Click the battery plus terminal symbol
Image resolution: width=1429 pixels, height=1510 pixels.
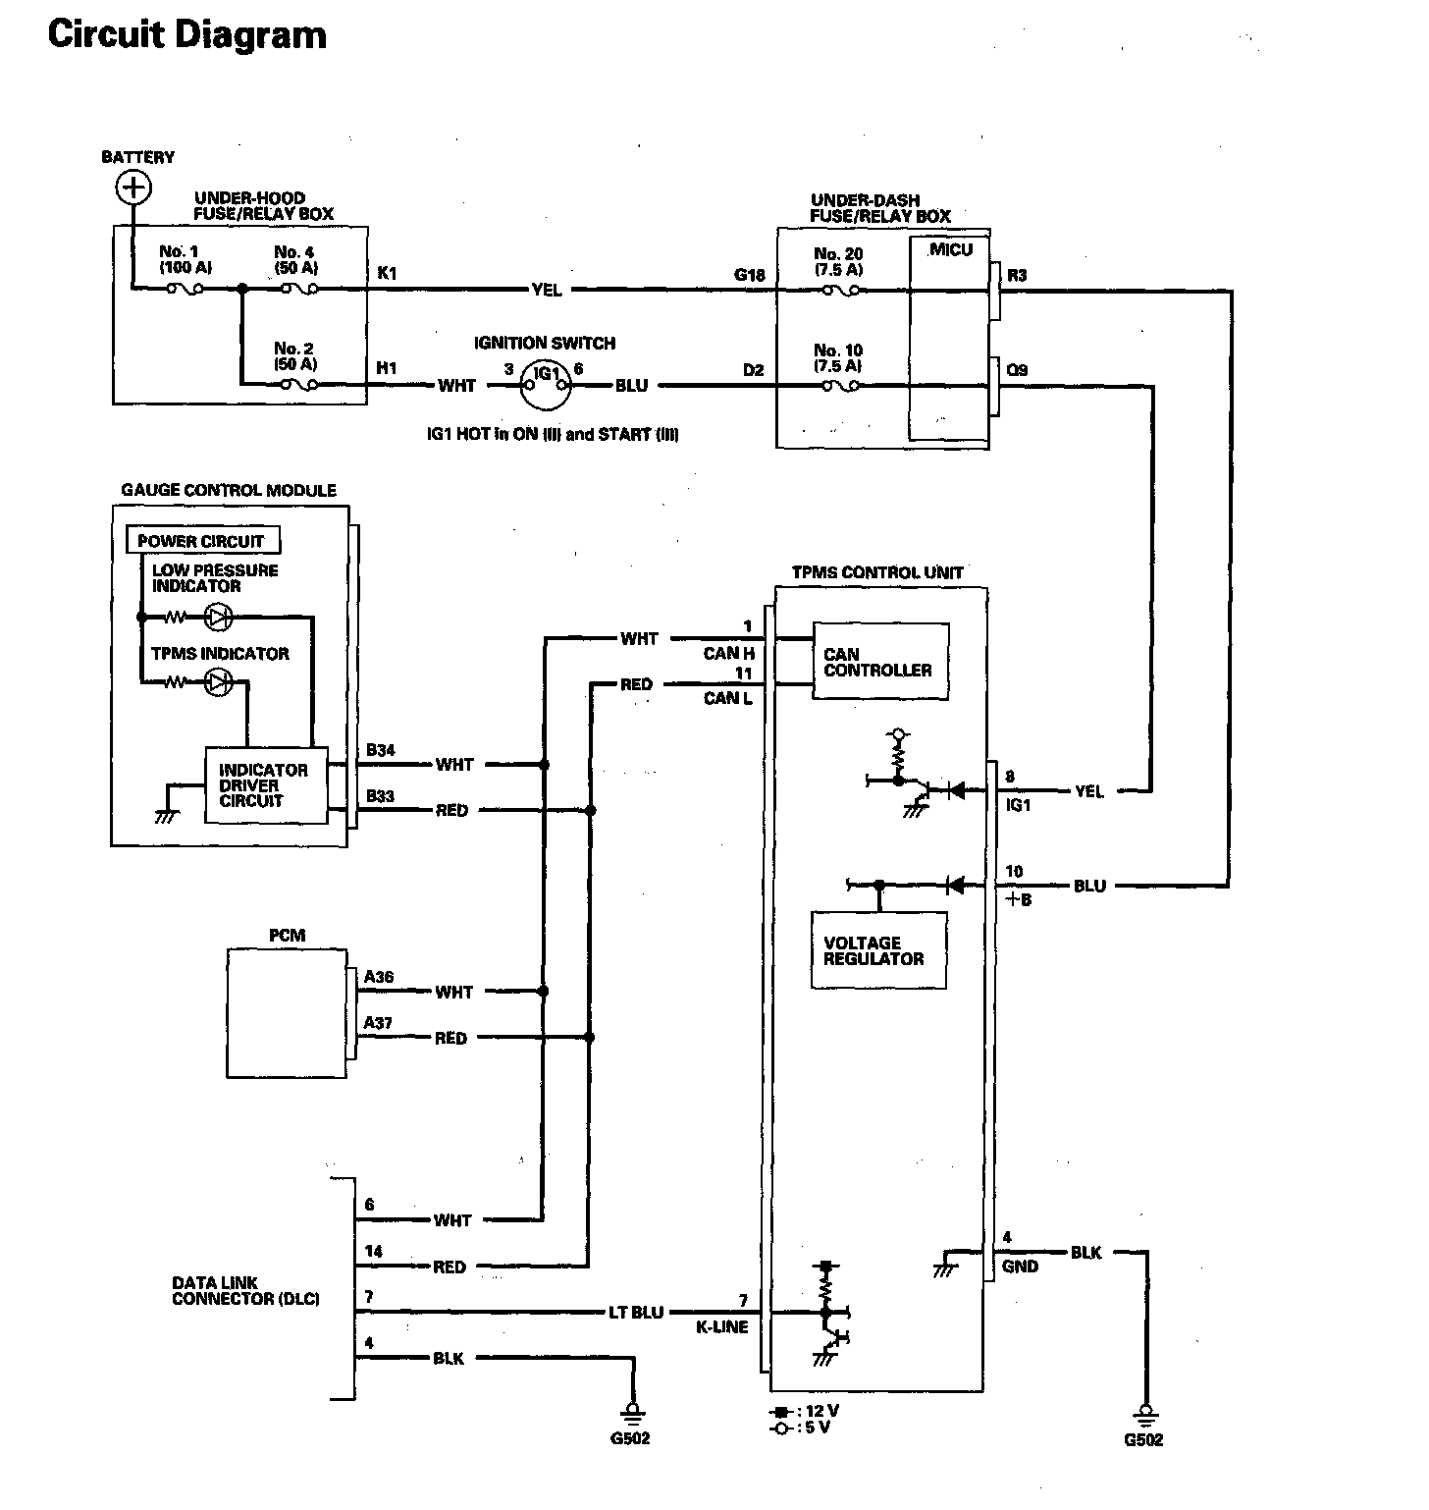(133, 187)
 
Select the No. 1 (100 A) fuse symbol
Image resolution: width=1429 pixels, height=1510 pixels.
(185, 289)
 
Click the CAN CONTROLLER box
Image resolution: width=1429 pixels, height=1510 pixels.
(880, 662)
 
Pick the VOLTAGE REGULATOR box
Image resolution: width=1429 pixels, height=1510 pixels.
(879, 950)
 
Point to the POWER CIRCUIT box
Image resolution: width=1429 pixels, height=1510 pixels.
(202, 540)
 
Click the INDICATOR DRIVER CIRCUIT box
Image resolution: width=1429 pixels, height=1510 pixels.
(265, 785)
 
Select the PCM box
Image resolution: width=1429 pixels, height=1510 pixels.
(287, 1013)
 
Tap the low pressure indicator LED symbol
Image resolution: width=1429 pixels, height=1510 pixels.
(218, 618)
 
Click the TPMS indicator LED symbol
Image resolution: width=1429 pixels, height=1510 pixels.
(218, 682)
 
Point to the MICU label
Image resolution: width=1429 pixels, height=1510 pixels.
(951, 249)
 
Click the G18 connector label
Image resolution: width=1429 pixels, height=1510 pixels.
(750, 275)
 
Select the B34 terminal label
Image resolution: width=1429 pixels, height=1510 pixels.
(381, 750)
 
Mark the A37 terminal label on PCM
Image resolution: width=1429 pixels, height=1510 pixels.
(378, 1023)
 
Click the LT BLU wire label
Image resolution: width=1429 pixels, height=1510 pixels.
(636, 1312)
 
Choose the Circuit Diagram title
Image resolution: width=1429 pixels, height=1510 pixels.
(186, 35)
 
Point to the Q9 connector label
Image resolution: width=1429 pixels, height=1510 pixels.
(1017, 370)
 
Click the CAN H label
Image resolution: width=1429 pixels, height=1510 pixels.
(728, 653)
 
